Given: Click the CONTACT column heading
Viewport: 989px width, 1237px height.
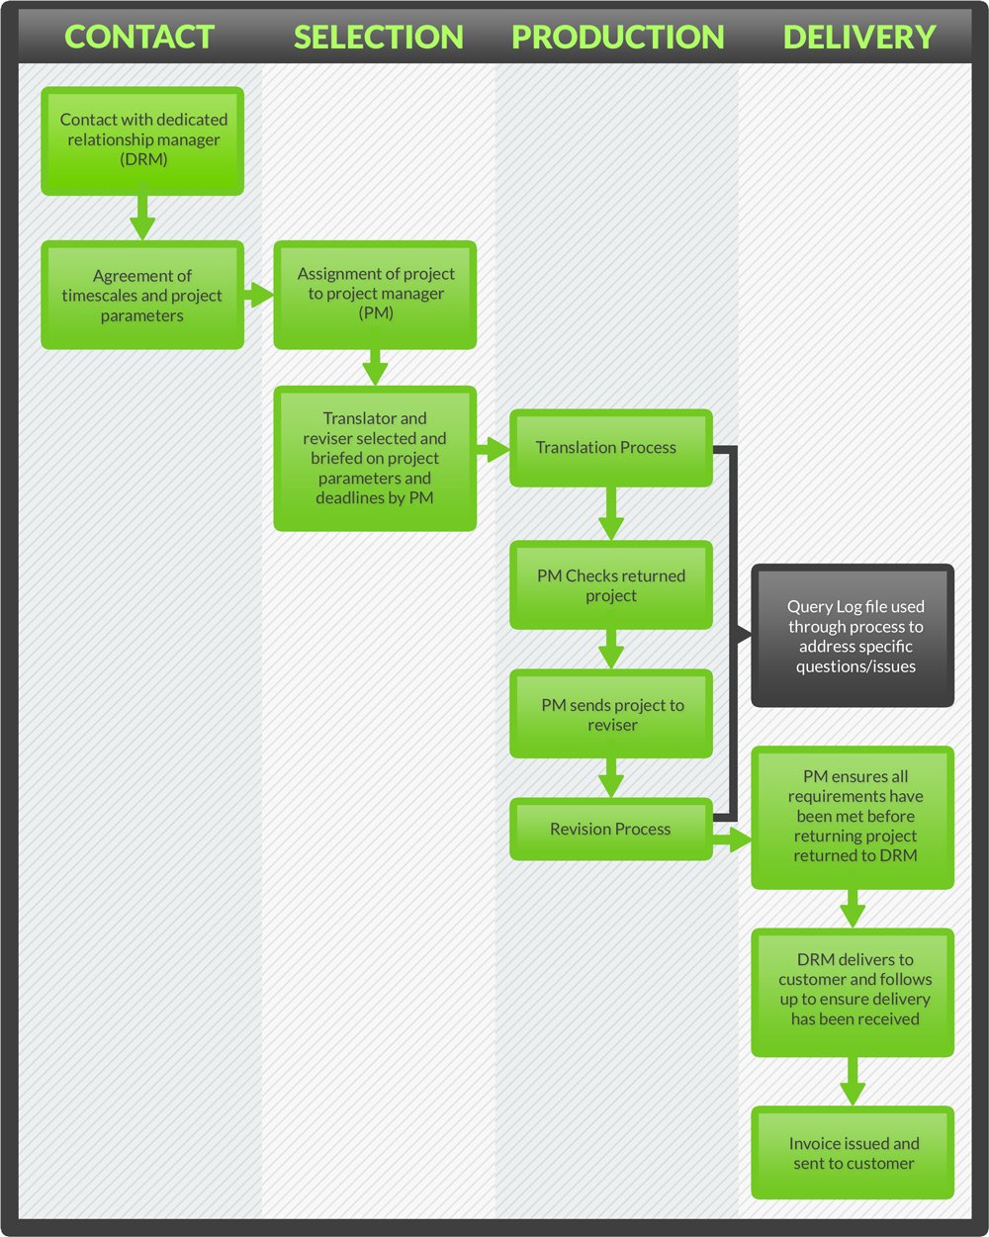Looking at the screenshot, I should click(x=139, y=38).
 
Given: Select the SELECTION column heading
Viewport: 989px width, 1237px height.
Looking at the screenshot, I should click(x=378, y=38).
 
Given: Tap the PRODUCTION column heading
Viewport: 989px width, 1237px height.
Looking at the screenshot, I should click(x=617, y=38).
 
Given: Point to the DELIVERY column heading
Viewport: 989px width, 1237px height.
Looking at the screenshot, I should click(x=858, y=38).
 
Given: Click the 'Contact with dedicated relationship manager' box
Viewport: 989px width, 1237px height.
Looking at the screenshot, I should click(x=142, y=140).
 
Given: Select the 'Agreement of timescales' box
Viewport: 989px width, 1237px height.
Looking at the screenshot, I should click(x=142, y=296).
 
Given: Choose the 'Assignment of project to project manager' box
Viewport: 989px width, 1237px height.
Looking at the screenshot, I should click(x=375, y=295).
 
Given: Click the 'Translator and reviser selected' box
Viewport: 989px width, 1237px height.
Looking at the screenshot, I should click(x=375, y=458).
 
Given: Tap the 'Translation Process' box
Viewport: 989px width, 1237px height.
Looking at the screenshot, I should click(x=610, y=448).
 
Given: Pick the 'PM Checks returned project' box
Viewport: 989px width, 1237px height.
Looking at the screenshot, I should click(x=610, y=585).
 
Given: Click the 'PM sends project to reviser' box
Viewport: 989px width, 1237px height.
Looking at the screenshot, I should click(x=610, y=714).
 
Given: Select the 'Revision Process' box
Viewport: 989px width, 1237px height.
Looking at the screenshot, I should click(x=610, y=829).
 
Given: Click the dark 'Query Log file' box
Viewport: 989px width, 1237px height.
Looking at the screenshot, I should click(x=853, y=636).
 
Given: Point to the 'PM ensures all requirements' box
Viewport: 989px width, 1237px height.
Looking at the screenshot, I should click(x=853, y=817).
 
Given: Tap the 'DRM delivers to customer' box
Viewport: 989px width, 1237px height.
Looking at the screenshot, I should click(x=853, y=991).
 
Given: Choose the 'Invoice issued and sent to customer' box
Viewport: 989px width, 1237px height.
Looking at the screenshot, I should click(x=853, y=1153).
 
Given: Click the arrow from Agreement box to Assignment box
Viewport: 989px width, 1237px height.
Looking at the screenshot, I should click(x=259, y=295).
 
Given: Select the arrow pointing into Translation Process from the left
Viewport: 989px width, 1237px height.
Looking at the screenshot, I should click(x=493, y=451).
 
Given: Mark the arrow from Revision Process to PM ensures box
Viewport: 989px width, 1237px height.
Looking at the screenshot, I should click(x=733, y=841).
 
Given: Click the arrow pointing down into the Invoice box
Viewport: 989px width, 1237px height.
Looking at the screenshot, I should click(x=853, y=1081).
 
